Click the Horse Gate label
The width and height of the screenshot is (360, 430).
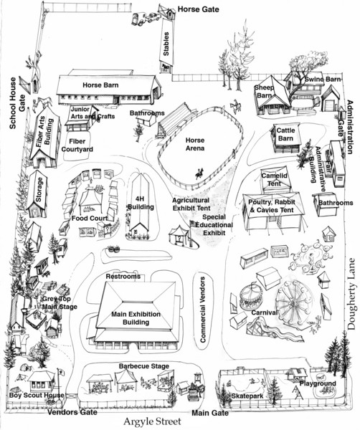point(199,9)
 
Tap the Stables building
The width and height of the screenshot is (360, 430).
point(166,44)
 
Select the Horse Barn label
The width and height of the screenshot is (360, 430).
point(100,85)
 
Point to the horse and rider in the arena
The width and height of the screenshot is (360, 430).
point(200,173)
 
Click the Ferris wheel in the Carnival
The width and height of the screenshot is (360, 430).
point(294,302)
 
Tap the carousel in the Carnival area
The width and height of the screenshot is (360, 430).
point(251,297)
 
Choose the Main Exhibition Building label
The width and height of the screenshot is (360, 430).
point(136,317)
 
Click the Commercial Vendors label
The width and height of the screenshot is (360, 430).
point(203,310)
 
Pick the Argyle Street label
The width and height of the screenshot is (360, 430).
point(153,421)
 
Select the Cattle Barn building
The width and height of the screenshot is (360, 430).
point(285,138)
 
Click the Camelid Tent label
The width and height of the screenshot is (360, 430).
point(275,179)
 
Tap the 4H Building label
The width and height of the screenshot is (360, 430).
point(141,203)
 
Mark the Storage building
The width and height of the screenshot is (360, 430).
point(37,193)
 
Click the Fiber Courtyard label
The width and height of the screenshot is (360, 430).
point(77,145)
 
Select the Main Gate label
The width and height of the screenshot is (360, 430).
point(210,413)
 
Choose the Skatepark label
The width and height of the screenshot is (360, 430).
point(247,396)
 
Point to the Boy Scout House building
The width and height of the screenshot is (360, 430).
point(41,381)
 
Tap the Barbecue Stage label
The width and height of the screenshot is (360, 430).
point(144,366)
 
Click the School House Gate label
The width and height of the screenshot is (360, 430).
point(17,102)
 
